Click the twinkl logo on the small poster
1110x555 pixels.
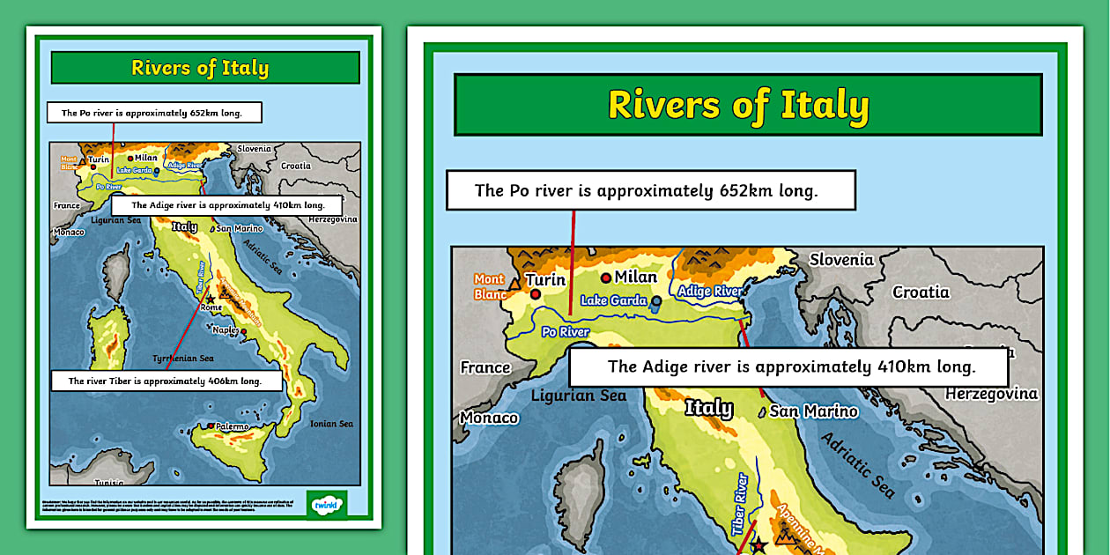click(x=325, y=504)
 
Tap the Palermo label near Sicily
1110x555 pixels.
click(x=233, y=426)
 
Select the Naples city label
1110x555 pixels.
click(x=226, y=329)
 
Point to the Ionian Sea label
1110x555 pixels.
click(x=331, y=424)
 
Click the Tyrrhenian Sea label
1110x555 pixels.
click(x=183, y=359)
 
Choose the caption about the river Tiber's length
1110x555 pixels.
click(x=166, y=381)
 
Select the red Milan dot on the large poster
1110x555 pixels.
click(x=606, y=277)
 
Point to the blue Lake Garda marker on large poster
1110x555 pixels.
click(x=656, y=301)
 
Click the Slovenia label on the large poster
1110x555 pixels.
click(x=841, y=259)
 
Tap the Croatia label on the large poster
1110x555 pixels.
click(x=921, y=292)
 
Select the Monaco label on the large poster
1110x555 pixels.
click(x=489, y=418)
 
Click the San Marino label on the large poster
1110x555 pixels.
click(x=813, y=411)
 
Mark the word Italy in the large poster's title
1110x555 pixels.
click(x=817, y=105)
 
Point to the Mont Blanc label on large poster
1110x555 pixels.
click(x=489, y=286)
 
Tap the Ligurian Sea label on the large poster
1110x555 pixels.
click(x=578, y=396)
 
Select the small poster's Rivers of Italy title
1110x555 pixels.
click(x=200, y=68)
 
